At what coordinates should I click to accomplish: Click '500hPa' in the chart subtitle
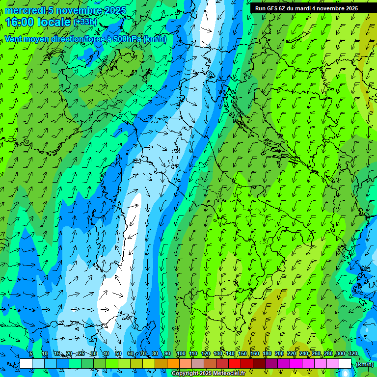click(x=128, y=39)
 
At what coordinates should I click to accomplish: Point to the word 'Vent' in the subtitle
click(x=14, y=39)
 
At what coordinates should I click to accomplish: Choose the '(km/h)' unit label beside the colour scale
click(x=364, y=364)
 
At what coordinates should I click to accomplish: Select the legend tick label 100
click(x=181, y=354)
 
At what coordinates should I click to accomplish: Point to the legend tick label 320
click(x=352, y=354)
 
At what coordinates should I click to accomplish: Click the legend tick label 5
click(x=31, y=354)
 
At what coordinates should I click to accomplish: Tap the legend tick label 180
click(x=267, y=354)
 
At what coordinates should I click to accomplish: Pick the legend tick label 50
click(x=118, y=354)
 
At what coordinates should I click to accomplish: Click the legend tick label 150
click(x=242, y=354)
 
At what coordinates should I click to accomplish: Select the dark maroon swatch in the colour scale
click(x=259, y=364)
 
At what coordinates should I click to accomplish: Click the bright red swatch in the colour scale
click(x=235, y=364)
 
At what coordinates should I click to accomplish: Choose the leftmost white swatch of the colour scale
click(x=26, y=364)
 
